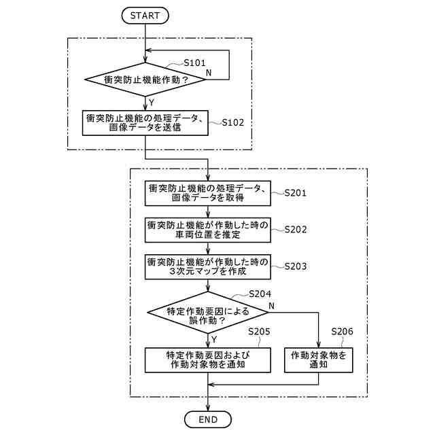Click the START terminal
pyautogui.click(x=145, y=14)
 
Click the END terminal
pyautogui.click(x=208, y=419)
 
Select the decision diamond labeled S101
pyautogui.click(x=145, y=80)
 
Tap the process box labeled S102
pyautogui.click(x=145, y=123)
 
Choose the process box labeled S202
pyautogui.click(x=208, y=230)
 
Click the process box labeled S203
pyautogui.click(x=208, y=266)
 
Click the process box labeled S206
pyautogui.click(x=319, y=359)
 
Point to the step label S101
pyautogui.click(x=195, y=63)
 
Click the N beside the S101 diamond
pyautogui.click(x=208, y=71)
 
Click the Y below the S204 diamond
pyautogui.click(x=214, y=338)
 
